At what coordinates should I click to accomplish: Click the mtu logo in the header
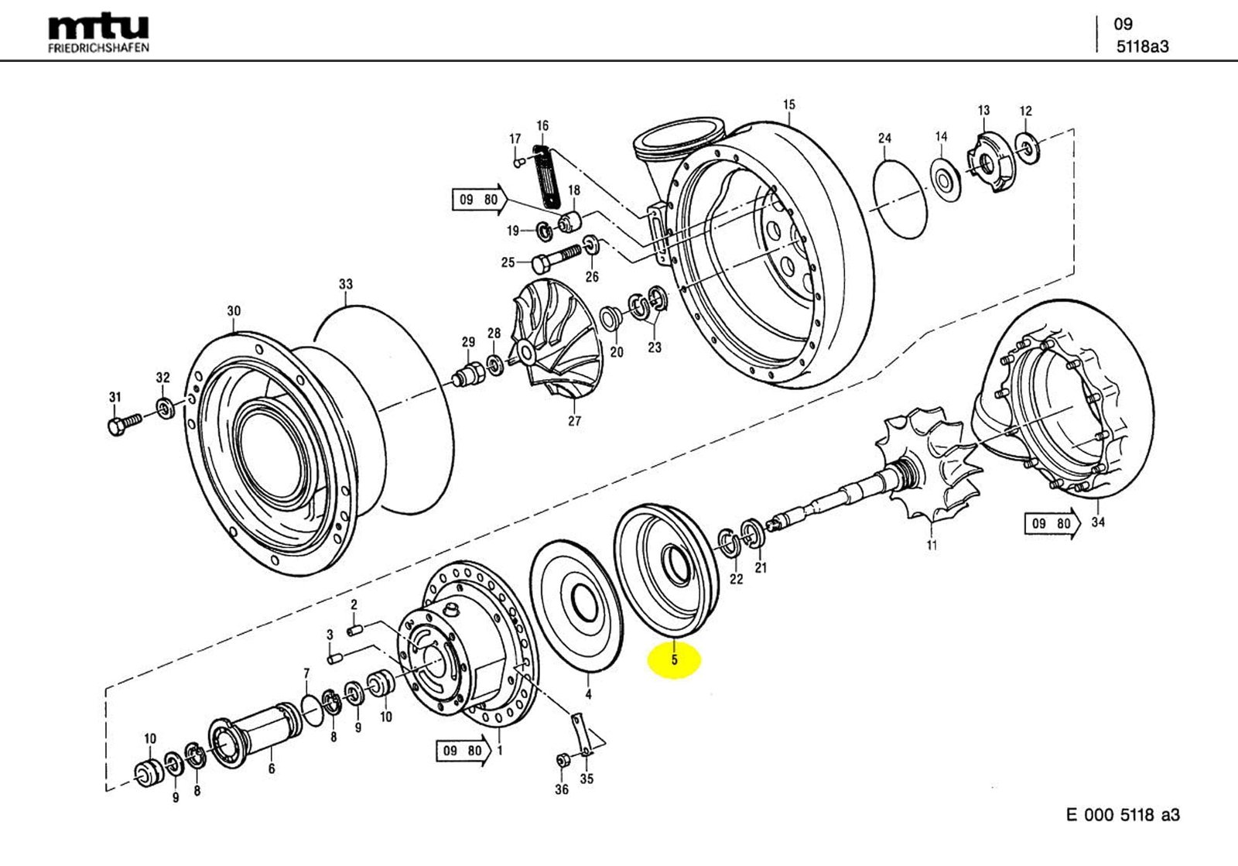(x=98, y=27)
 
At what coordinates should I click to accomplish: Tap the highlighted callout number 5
(x=674, y=660)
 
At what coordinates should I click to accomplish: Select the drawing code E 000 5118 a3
(x=1123, y=815)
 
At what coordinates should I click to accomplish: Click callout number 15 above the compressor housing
(x=788, y=104)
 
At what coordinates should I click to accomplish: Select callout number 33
(x=345, y=285)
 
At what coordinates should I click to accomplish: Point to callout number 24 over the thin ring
(x=884, y=139)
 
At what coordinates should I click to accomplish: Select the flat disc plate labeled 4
(x=576, y=604)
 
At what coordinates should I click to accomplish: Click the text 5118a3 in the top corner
(x=1142, y=46)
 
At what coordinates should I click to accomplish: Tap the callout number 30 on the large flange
(x=234, y=311)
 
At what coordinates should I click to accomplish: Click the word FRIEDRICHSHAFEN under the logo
(x=98, y=47)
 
